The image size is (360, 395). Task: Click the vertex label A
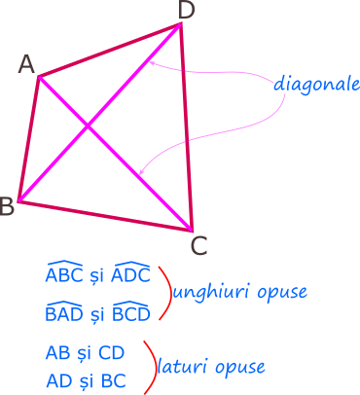click(27, 65)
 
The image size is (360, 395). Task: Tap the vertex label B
click(7, 205)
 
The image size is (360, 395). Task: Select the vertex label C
click(198, 245)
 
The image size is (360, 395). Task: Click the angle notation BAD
click(64, 312)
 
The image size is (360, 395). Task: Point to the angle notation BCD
click(131, 312)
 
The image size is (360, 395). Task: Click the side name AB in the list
click(57, 351)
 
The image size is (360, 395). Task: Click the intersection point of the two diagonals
click(89, 126)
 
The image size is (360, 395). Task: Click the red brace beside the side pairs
click(150, 367)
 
